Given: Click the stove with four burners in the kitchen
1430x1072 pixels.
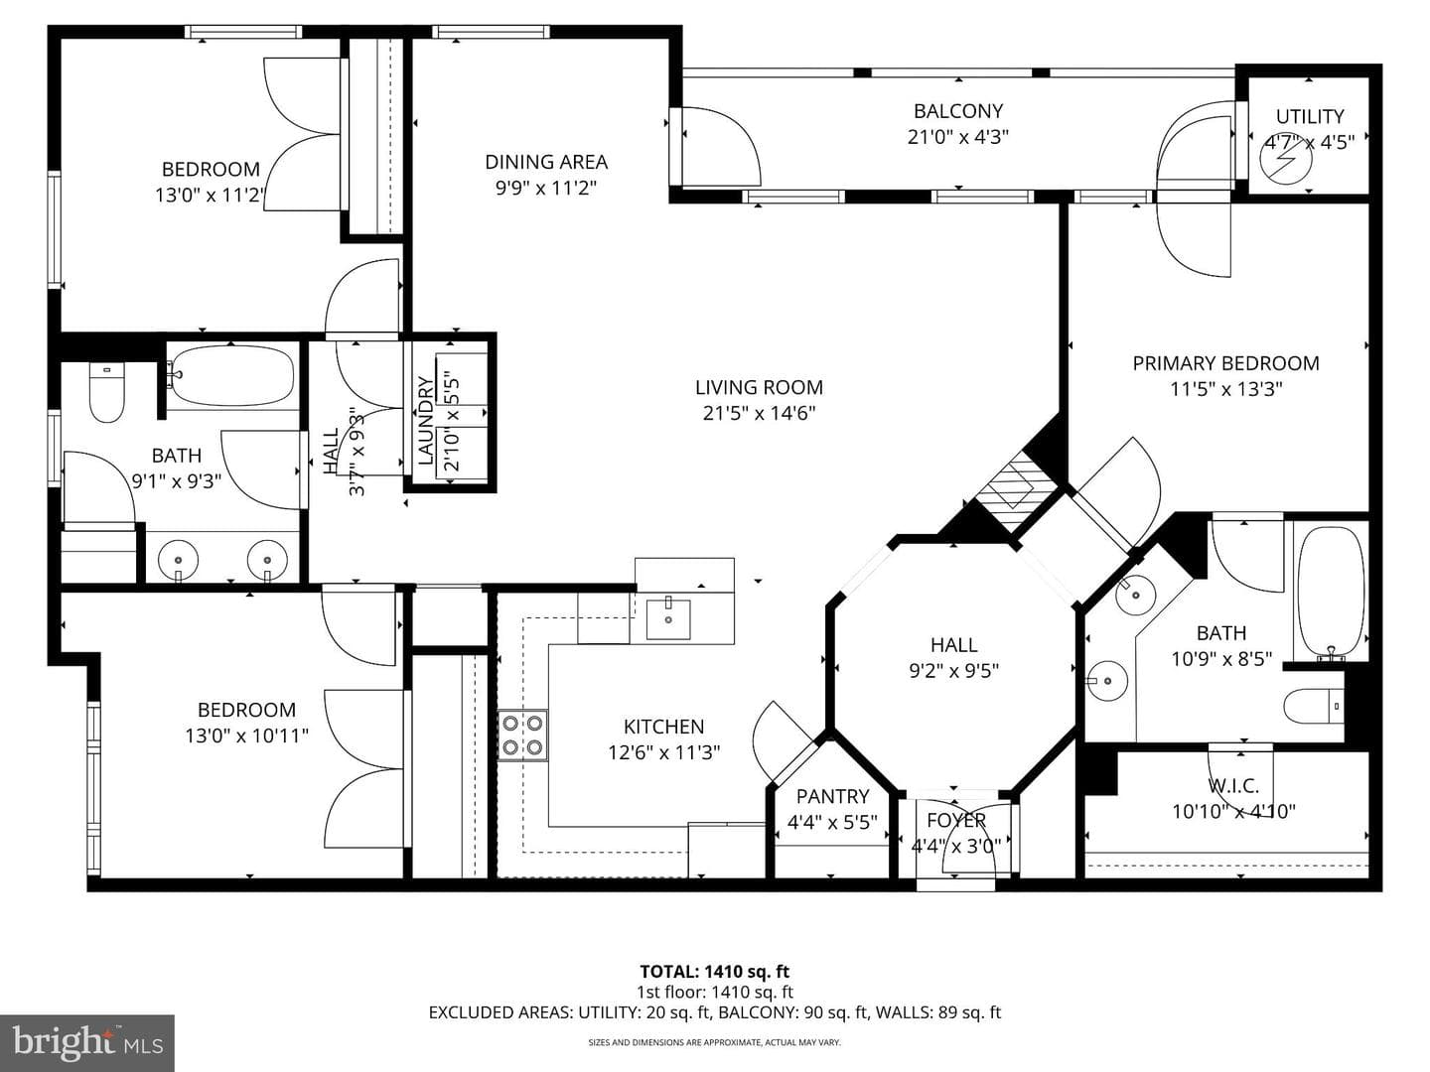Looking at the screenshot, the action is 522,736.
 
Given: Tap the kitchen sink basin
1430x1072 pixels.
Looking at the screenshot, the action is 667,619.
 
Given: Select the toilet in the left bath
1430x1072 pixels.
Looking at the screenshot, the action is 107,393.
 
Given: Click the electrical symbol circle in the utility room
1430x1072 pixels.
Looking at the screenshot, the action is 1286,163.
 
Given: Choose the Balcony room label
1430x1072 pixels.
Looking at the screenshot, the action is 957,111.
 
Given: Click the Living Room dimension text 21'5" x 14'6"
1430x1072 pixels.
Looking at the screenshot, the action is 759,413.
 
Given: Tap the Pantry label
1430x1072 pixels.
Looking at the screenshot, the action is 832,796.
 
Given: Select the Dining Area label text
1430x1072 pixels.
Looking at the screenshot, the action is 546,162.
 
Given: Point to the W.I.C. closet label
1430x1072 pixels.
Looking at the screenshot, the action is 1233,785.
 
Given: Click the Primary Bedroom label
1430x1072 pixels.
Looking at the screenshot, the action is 1226,363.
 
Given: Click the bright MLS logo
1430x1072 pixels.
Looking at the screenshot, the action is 87,1043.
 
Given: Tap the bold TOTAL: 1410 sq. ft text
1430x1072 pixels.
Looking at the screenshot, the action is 715,972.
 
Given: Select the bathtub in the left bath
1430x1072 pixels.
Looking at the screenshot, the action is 232,377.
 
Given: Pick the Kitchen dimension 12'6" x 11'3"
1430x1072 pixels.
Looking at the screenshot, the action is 664,752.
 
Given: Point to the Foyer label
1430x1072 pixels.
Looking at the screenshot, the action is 956,820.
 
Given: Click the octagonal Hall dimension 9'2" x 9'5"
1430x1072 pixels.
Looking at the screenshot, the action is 953,670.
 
